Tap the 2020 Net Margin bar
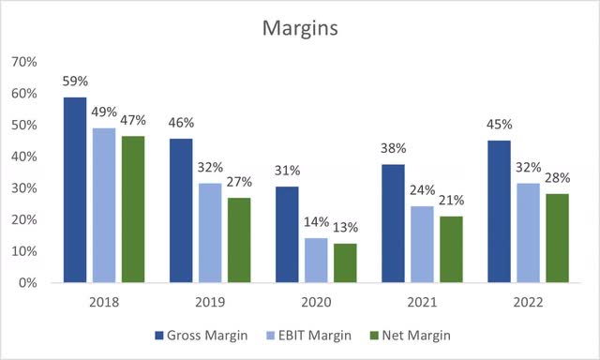[x=346, y=262]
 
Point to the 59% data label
[x=76, y=82]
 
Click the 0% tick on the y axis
[x=28, y=283]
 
